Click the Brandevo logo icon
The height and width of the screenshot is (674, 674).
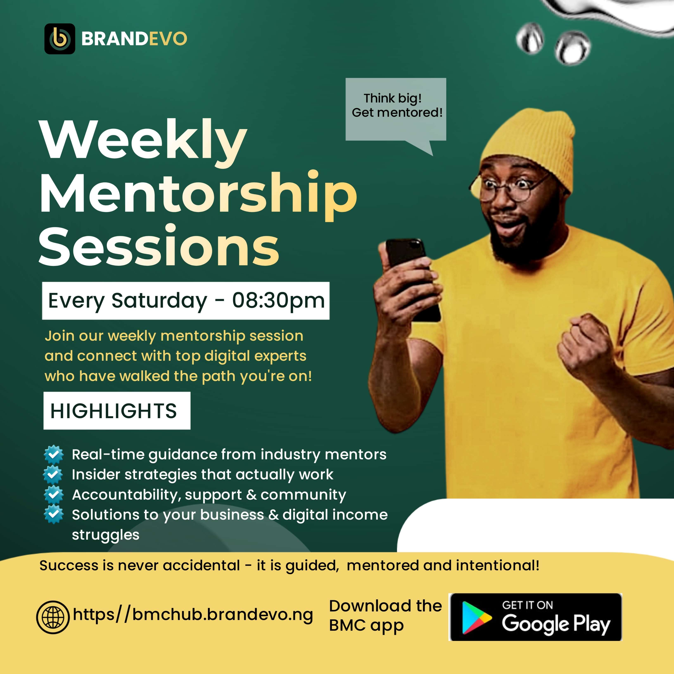pos(60,39)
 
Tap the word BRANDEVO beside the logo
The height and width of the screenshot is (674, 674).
pos(134,39)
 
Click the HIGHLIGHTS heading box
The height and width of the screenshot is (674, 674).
pos(117,410)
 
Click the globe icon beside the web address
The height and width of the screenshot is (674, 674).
pos(53,617)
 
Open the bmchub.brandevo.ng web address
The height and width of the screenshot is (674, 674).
pos(193,615)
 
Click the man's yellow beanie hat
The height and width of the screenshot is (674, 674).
pos(530,147)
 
